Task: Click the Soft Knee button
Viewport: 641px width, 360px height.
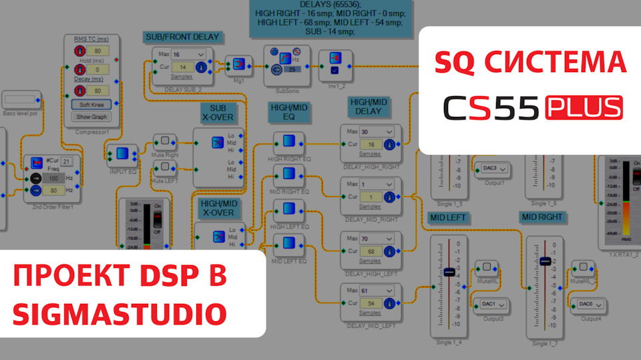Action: (91, 104)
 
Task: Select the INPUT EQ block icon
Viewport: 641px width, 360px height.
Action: (122, 154)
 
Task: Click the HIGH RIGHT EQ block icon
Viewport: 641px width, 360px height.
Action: (288, 142)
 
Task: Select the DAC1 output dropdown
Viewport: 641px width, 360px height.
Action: (491, 305)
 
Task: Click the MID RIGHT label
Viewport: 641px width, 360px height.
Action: (543, 217)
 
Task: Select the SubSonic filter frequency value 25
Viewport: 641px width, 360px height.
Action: (292, 69)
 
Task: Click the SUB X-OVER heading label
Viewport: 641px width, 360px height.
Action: (218, 113)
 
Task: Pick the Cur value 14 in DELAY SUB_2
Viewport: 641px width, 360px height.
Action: (182, 67)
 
